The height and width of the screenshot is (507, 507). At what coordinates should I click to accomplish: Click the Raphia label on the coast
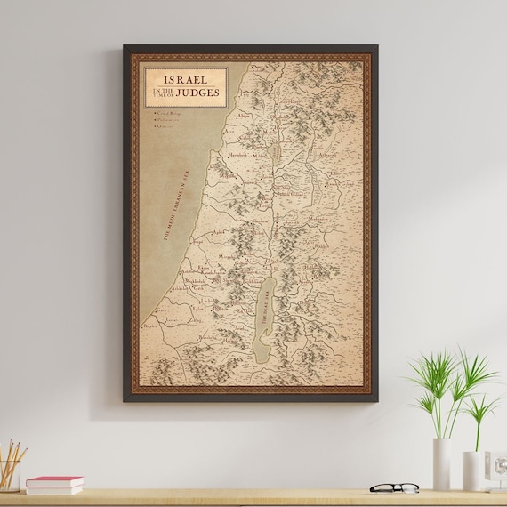(x=151, y=326)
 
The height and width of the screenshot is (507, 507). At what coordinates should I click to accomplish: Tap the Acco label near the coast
(x=229, y=131)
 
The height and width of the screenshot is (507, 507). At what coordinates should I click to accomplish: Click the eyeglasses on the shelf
(x=393, y=487)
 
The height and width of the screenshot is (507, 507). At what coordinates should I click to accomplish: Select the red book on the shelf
(x=54, y=482)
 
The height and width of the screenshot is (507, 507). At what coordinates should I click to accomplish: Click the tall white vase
(x=441, y=463)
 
